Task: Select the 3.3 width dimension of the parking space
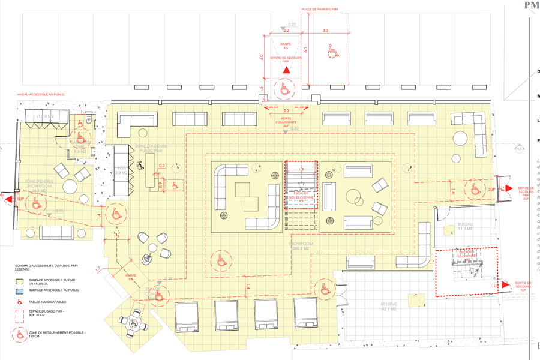coord(325,30)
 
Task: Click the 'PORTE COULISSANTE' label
coord(286,120)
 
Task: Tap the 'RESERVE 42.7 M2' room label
coord(389,306)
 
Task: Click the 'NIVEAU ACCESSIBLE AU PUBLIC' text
coord(41,94)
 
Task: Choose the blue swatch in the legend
coord(20,290)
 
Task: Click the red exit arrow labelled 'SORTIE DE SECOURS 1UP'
coord(505,285)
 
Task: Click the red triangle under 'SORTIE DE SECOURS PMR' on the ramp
coord(287,71)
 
